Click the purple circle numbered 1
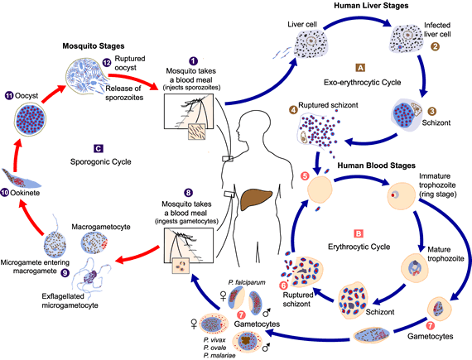193,61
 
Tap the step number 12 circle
107,64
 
